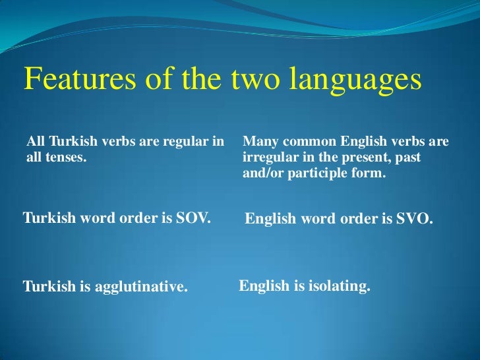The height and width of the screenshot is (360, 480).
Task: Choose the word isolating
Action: [338, 287]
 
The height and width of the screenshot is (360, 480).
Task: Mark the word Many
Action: [259, 142]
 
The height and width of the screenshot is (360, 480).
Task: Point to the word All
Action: [35, 142]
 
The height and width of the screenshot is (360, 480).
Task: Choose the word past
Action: [406, 159]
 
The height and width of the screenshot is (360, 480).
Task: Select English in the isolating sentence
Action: [264, 287]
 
